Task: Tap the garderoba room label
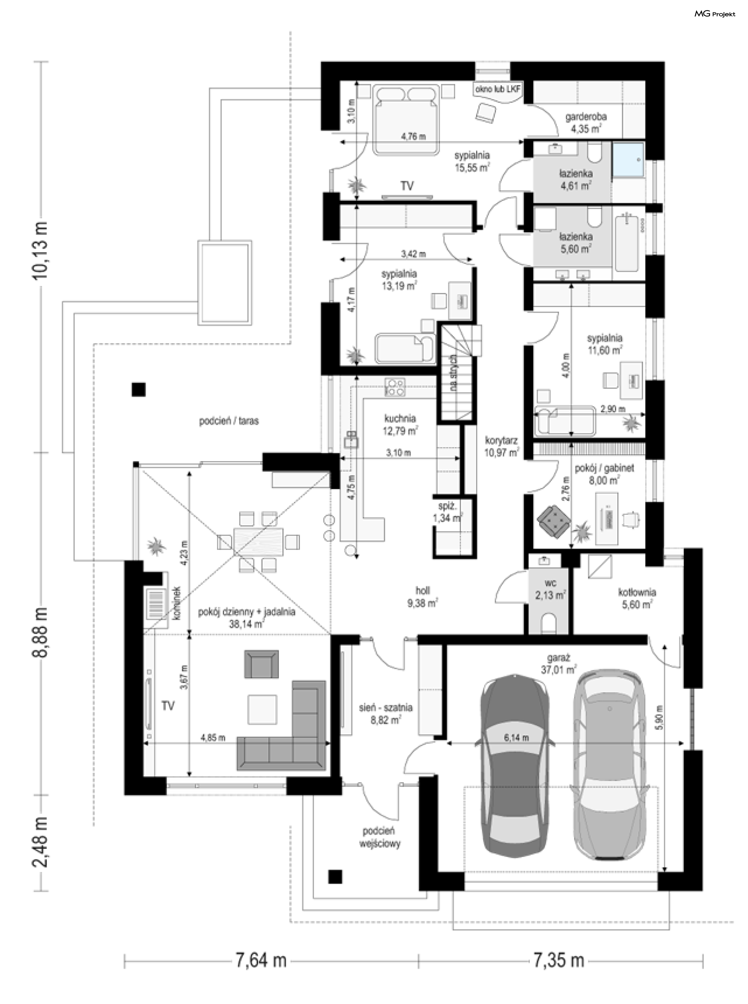pos(586,117)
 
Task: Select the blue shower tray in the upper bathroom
pos(628,160)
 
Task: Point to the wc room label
pos(550,582)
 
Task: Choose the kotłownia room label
pos(637,592)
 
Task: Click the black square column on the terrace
pos(139,389)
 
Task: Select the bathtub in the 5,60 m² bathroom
pos(627,244)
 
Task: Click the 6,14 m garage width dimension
pos(517,738)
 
